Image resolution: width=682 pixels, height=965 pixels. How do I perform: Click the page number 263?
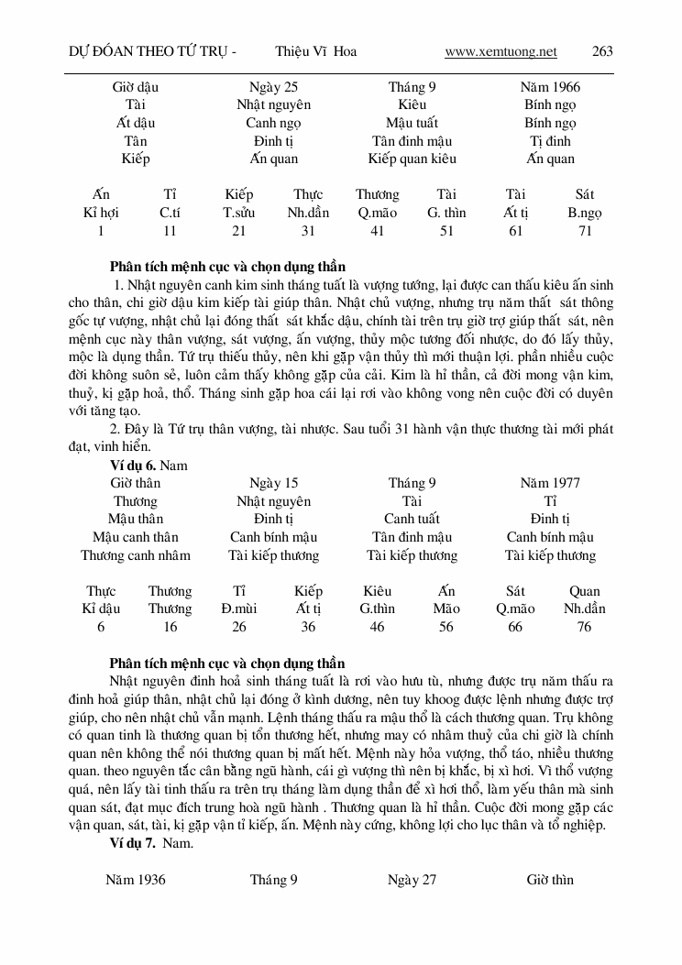click(602, 51)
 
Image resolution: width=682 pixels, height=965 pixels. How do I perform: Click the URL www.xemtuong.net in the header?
click(500, 51)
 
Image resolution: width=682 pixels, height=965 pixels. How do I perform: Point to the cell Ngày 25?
click(273, 87)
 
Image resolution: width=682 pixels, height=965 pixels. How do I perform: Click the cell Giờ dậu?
click(136, 87)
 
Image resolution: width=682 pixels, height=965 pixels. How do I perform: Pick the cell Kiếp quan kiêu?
click(412, 159)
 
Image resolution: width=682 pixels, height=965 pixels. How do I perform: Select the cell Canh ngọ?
click(273, 123)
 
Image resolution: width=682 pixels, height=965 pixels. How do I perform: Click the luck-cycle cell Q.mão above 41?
click(377, 214)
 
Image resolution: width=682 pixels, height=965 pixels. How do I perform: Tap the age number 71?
click(584, 232)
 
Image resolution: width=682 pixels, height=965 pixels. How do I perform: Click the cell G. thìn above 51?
click(446, 214)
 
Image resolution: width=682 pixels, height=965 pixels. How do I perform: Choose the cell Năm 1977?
click(549, 483)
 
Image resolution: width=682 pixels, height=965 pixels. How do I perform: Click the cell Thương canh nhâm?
click(136, 555)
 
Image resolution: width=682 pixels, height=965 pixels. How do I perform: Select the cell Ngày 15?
click(273, 483)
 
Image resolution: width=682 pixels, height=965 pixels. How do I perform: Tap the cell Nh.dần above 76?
click(584, 609)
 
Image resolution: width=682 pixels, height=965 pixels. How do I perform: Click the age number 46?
click(377, 627)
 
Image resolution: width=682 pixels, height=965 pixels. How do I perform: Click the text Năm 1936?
click(136, 880)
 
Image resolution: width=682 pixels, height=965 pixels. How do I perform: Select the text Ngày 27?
click(412, 880)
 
